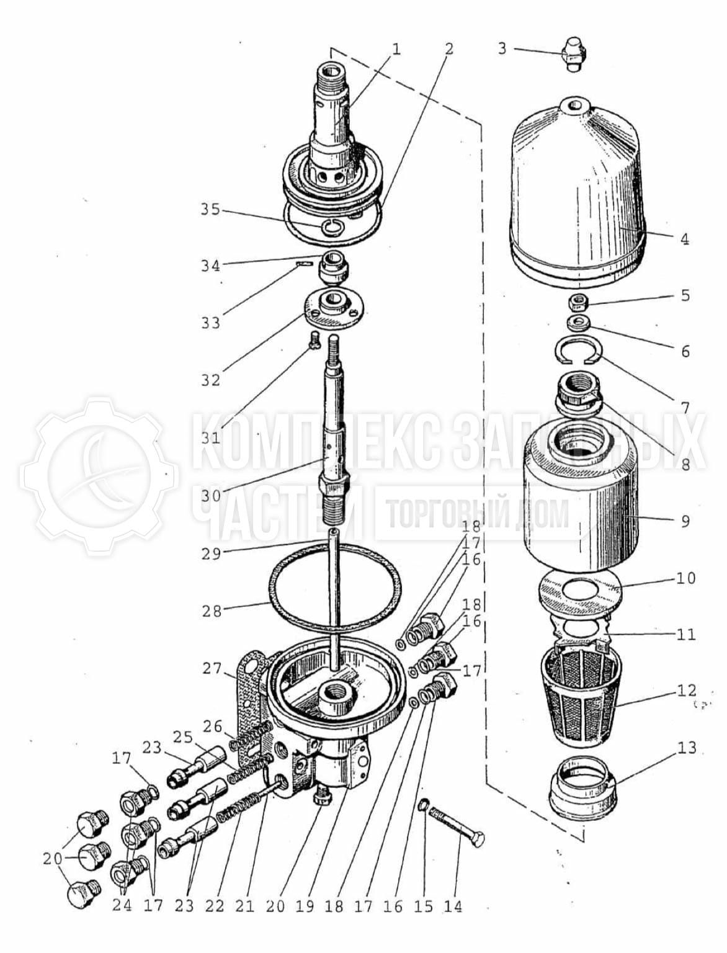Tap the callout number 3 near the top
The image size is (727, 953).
502,48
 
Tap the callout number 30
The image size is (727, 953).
212,496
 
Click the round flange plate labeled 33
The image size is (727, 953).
334,310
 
